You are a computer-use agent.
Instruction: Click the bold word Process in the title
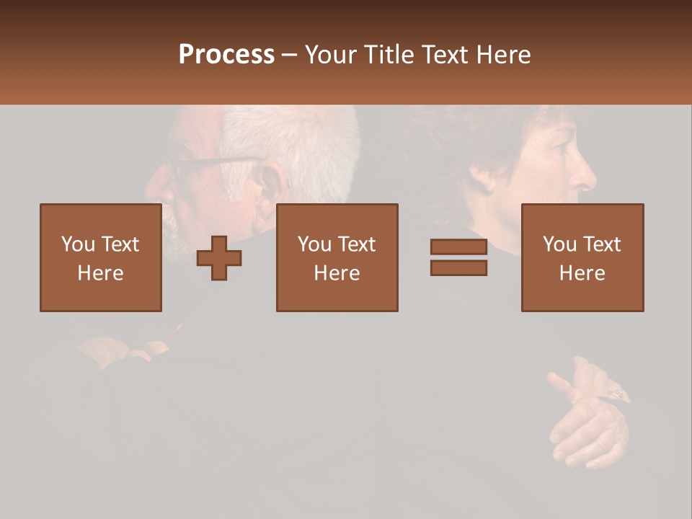tap(226, 55)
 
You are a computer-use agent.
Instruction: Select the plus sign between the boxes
tap(219, 258)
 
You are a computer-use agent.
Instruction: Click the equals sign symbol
tap(458, 258)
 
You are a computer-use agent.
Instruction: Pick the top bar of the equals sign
tap(458, 247)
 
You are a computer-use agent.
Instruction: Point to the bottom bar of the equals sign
tap(458, 268)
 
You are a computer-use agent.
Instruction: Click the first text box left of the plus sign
tap(101, 258)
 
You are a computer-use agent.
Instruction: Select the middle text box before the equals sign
tap(337, 258)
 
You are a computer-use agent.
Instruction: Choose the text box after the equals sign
tap(582, 258)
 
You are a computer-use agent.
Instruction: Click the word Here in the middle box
tap(337, 273)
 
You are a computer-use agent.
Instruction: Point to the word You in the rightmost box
tap(559, 244)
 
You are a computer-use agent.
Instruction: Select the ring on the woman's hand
tap(618, 393)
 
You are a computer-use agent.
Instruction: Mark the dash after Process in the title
tap(290, 55)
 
